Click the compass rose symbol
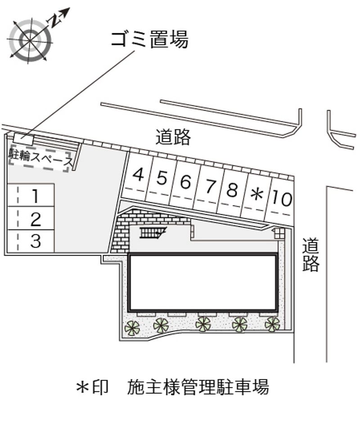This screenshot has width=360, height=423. (x=30, y=40)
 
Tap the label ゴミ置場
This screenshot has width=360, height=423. (x=149, y=40)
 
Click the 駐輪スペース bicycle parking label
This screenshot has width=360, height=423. (x=40, y=159)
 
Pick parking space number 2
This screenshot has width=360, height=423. (x=31, y=218)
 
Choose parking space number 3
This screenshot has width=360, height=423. (x=31, y=241)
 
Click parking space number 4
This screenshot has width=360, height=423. (x=138, y=176)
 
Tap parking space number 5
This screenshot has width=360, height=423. (x=161, y=179)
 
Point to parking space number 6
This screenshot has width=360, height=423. (x=185, y=183)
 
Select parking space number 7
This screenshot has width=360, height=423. (x=210, y=187)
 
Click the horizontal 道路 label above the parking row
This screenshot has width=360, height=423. (x=173, y=137)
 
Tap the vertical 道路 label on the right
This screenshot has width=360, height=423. (x=310, y=254)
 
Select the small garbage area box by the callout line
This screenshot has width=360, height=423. (x=24, y=139)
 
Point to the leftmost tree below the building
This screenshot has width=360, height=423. (x=132, y=328)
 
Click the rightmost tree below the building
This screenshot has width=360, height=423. (x=272, y=325)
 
